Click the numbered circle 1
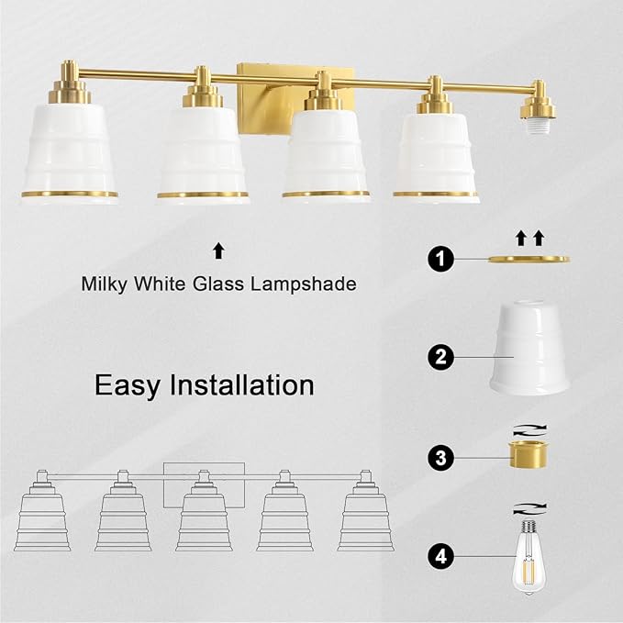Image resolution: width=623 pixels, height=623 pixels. [x=440, y=259]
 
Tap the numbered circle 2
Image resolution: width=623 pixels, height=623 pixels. [x=440, y=357]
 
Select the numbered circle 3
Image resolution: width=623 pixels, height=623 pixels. [x=440, y=458]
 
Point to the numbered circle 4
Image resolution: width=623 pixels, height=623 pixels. [x=440, y=556]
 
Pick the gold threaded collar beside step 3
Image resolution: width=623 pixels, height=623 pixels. [x=528, y=454]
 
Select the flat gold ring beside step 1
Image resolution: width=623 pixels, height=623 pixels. [x=528, y=260]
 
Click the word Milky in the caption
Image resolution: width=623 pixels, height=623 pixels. [x=104, y=284]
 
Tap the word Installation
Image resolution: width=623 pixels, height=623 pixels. [x=242, y=384]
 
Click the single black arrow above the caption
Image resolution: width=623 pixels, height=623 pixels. [x=218, y=251]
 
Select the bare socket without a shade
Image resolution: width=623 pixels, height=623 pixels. [x=539, y=105]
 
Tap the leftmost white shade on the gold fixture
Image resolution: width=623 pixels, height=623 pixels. [x=70, y=152]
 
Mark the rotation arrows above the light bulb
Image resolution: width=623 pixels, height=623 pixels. [x=529, y=509]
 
